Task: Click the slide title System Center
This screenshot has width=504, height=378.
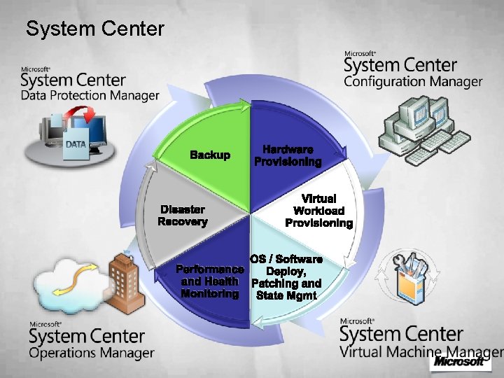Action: (x=94, y=29)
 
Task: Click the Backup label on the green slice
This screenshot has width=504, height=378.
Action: (x=210, y=155)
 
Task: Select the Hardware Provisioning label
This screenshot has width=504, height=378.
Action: (x=288, y=155)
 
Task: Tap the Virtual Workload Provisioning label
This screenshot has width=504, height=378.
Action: (x=319, y=211)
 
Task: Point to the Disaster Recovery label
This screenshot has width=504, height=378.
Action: (x=183, y=216)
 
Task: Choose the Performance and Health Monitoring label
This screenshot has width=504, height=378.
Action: (x=210, y=281)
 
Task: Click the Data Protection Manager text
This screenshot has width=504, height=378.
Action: (x=90, y=95)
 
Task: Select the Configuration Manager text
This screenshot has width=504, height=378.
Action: (x=413, y=82)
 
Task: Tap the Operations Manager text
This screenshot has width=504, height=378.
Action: (x=91, y=353)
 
